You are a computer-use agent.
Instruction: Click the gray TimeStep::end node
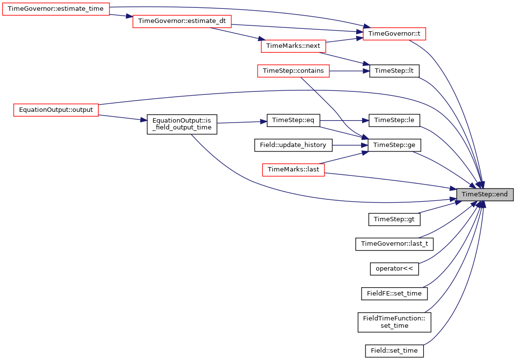click(x=485, y=194)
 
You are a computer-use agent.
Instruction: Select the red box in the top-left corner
click(x=56, y=9)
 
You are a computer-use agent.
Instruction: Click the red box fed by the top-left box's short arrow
click(x=182, y=21)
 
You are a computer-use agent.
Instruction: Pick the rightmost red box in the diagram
click(x=394, y=34)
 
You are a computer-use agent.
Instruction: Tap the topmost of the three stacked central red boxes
click(x=293, y=46)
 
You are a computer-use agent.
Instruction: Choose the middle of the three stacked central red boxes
click(x=293, y=71)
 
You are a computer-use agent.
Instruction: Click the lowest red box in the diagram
click(x=293, y=170)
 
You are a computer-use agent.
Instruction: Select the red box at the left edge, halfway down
click(x=56, y=110)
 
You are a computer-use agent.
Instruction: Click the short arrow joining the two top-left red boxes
click(x=120, y=16)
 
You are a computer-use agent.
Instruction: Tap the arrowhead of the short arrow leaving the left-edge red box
click(x=144, y=120)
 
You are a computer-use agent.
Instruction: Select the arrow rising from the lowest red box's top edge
click(x=342, y=157)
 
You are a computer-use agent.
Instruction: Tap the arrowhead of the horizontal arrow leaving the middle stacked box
click(x=366, y=71)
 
